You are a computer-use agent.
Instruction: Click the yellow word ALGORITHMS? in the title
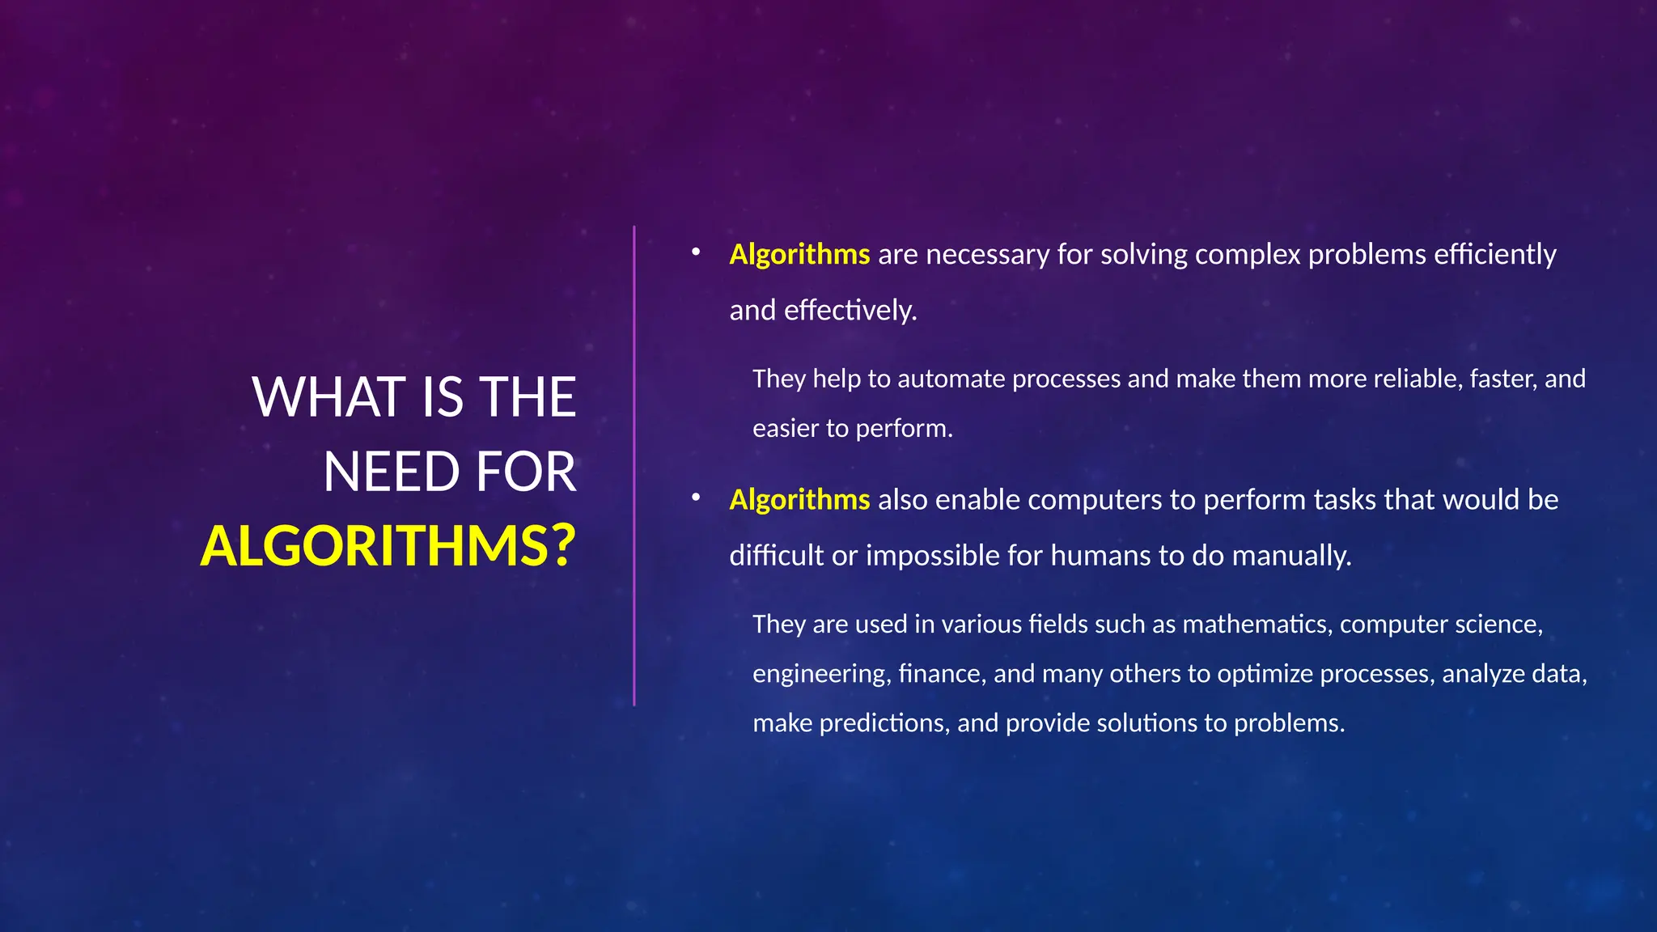(388, 546)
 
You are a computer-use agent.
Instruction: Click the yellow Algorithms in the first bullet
(799, 254)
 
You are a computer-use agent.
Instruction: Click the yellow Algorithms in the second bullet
(799, 499)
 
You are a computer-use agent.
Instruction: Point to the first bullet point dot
(695, 252)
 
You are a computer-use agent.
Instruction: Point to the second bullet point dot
(695, 498)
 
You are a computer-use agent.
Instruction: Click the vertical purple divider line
(634, 465)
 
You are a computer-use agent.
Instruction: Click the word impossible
(932, 555)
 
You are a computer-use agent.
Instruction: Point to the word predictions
(884, 723)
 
